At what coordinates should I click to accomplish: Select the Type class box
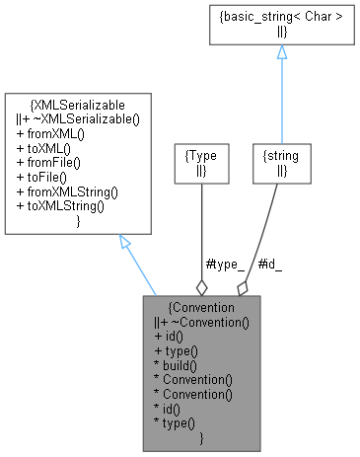(x=201, y=164)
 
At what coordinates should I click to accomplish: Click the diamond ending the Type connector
(x=201, y=287)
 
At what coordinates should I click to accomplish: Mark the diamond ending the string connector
(x=243, y=288)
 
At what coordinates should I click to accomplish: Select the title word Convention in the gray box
(x=203, y=308)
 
